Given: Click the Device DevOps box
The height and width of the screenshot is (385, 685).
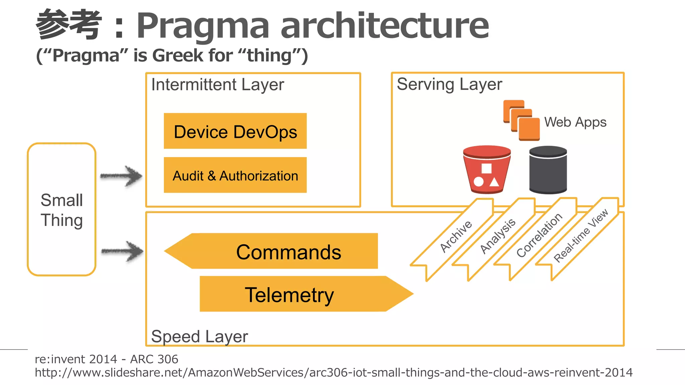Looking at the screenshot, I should click(235, 131).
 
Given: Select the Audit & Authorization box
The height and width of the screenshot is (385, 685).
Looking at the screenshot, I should click(235, 175).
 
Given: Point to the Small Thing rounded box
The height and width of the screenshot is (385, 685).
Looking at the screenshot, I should click(62, 210).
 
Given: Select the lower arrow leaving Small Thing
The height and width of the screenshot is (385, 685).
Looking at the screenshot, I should click(122, 251).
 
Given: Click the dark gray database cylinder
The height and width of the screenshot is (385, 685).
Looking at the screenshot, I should click(548, 170).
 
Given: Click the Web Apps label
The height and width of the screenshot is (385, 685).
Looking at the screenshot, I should click(575, 122).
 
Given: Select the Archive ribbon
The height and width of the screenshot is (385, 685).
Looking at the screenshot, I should click(456, 236).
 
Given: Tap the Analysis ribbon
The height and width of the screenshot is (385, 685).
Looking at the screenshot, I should click(497, 236).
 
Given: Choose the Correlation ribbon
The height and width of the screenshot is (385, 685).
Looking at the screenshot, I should click(539, 235).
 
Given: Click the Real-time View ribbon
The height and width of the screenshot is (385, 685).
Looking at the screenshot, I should click(581, 235).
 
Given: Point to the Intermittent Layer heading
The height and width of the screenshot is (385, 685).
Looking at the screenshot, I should click(217, 85).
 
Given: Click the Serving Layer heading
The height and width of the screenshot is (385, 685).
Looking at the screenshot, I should click(449, 84).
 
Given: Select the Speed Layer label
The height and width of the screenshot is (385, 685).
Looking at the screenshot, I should click(199, 336).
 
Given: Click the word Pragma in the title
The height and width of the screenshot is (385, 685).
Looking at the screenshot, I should click(203, 25).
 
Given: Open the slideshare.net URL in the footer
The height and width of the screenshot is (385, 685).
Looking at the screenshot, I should click(333, 372).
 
